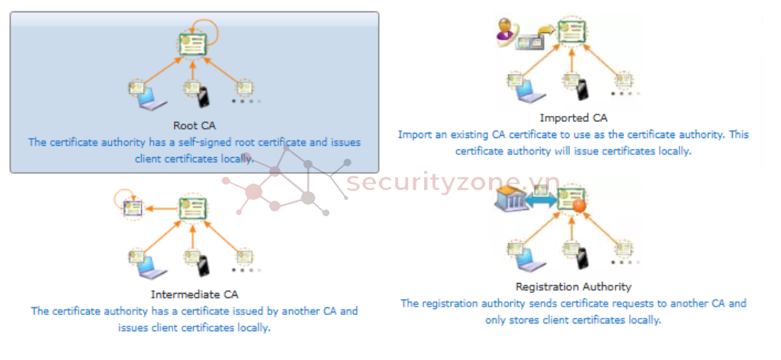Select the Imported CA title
point(574,118)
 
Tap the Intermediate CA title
point(194,294)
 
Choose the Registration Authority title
point(574,287)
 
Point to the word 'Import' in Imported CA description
point(415,135)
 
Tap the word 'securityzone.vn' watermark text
point(453,184)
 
